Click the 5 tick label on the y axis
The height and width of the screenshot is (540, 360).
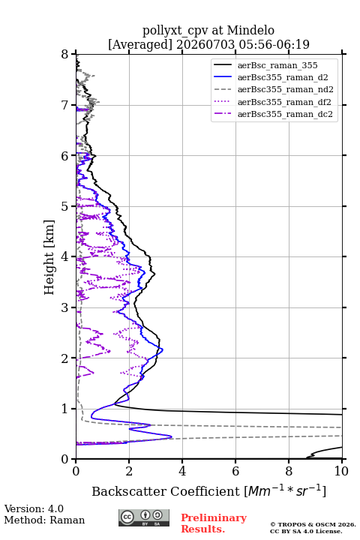(x=65, y=206)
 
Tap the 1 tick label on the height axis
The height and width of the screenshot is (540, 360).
(x=65, y=409)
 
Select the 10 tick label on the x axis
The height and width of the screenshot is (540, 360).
(x=341, y=471)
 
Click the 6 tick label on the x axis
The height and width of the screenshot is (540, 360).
(x=235, y=471)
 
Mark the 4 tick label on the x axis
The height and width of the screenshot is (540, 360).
(x=182, y=471)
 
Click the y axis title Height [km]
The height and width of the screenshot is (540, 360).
(x=49, y=257)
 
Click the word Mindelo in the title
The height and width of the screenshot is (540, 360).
(x=250, y=30)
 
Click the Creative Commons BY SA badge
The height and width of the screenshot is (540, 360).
(x=144, y=517)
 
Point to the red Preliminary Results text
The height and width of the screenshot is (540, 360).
(x=214, y=523)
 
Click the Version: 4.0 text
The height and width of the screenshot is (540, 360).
(x=34, y=508)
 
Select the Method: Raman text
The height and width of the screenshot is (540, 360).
(x=44, y=520)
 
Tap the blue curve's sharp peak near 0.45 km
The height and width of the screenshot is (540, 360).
(x=172, y=436)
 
